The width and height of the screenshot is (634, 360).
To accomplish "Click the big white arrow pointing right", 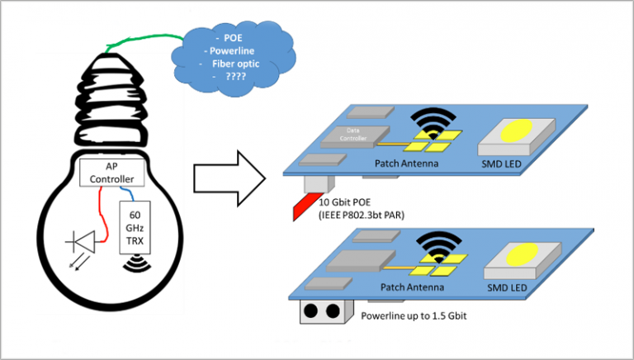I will (229, 175).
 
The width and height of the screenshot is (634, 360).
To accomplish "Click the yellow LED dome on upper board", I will (517, 130).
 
